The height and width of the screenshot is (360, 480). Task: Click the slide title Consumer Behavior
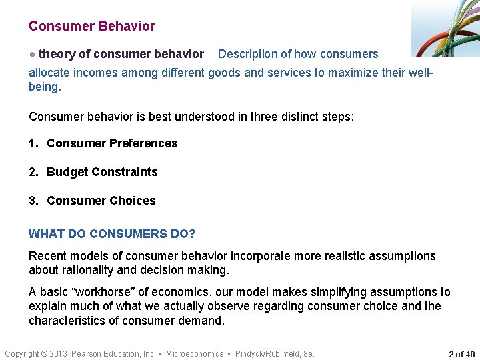92,27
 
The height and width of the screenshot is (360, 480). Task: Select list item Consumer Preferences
112,143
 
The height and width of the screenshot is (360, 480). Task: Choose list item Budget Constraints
102,172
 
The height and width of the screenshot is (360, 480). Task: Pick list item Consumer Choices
101,201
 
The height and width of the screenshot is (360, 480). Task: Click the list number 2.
33,172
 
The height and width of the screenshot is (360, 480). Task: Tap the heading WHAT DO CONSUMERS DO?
112,234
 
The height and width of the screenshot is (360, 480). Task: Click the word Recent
47,256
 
